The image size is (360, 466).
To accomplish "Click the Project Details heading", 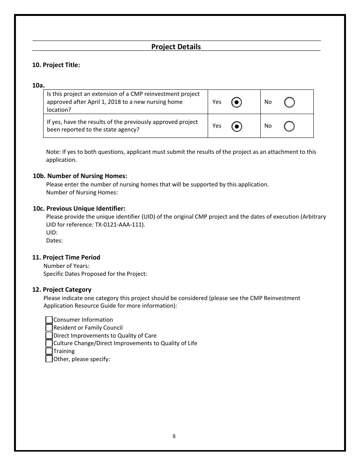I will point(176,47).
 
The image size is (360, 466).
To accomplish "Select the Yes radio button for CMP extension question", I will point(236,102).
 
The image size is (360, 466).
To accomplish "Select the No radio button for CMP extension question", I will point(289,102).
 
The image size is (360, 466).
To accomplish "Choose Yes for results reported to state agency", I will point(236,126).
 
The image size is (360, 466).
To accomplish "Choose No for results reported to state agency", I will point(289,126).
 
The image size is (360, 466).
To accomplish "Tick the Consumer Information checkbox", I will point(49,320).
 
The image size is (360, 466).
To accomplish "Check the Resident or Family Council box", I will point(49,328).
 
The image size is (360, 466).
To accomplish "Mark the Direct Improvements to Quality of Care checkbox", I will point(49,336).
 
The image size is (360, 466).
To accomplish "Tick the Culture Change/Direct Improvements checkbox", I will point(49,343).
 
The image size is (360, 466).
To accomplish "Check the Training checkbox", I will point(49,351).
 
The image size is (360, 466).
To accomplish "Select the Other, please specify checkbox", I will point(49,359).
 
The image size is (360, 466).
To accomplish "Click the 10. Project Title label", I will point(56,65).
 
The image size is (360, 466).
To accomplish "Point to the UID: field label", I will point(52,233).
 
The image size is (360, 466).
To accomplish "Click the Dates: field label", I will point(55,241).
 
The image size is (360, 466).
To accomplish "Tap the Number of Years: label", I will point(66,266).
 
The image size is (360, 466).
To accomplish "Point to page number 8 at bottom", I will point(174,436).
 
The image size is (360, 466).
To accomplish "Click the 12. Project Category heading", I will point(62,289).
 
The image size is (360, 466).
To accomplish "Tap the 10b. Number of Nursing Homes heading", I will point(80,176).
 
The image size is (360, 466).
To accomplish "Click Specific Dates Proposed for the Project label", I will point(95,274).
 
